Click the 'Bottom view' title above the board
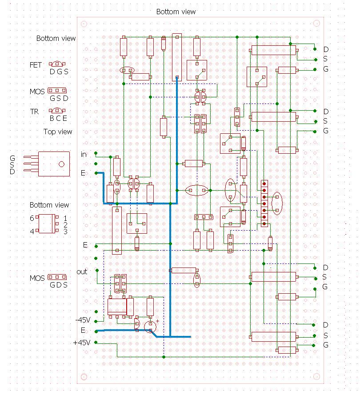176,12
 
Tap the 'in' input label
84,155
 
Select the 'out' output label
82,272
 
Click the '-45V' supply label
83,320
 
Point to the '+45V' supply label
81,343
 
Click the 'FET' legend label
36,65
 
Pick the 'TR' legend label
34,112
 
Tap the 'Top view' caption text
58,132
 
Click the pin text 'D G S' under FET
59,72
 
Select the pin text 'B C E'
59,118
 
